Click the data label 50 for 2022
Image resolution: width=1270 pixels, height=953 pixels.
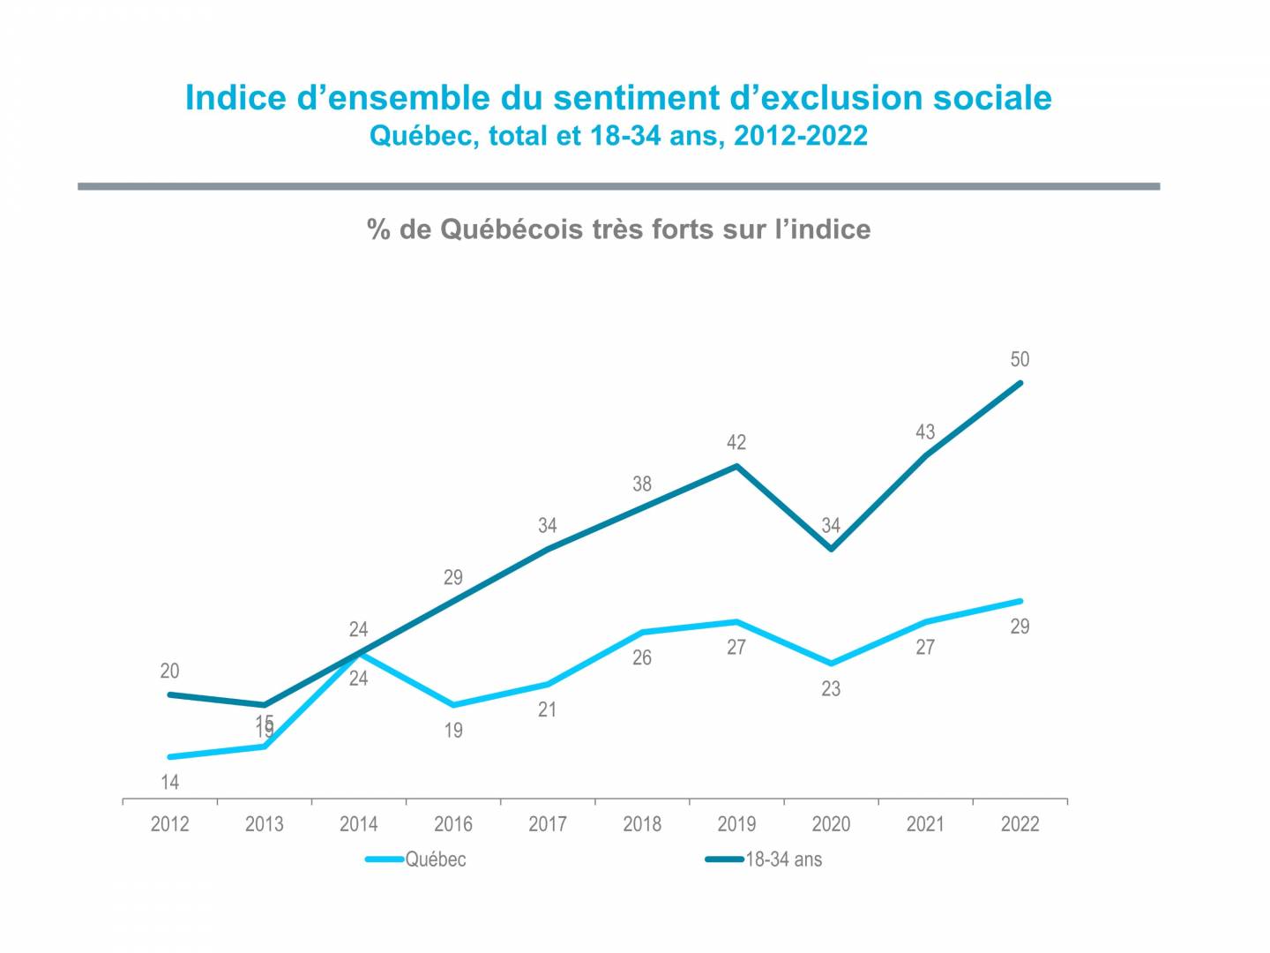click(x=1020, y=359)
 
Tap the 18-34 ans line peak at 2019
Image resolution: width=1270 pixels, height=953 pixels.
click(x=736, y=466)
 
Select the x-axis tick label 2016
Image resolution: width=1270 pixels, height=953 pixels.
click(x=452, y=824)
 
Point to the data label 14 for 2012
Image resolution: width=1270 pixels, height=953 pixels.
click(x=169, y=782)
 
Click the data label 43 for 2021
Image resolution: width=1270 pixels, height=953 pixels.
click(x=924, y=432)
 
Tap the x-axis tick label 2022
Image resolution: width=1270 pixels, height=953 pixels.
click(x=1020, y=824)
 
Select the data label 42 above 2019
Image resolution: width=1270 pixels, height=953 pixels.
click(x=736, y=442)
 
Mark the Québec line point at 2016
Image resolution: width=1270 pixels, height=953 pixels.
click(x=453, y=705)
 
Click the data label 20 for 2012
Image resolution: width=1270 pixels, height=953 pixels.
click(x=169, y=671)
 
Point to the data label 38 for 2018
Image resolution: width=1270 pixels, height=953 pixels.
click(x=641, y=484)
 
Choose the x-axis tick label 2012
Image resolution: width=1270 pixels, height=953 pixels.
click(x=169, y=824)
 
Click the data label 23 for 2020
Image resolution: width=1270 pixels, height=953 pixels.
click(x=831, y=689)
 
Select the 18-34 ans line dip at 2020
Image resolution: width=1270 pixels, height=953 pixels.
click(x=831, y=549)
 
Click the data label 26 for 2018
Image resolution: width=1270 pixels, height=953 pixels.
click(x=641, y=657)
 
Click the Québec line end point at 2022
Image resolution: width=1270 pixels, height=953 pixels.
click(x=1020, y=601)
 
